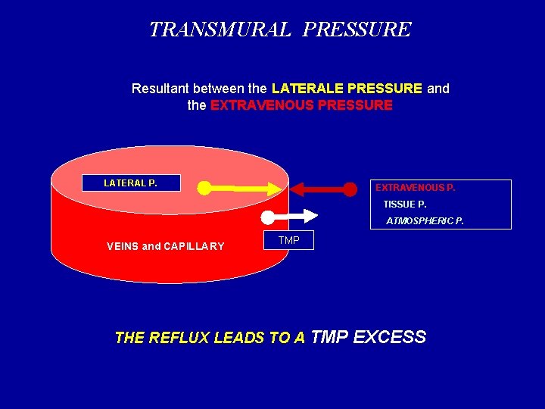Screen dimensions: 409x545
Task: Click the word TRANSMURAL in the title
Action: pyautogui.click(x=220, y=30)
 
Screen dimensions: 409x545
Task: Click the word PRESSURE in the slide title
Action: pyautogui.click(x=357, y=30)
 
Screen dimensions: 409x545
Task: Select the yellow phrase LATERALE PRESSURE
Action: pyautogui.click(x=347, y=89)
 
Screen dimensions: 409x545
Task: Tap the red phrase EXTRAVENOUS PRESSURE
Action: pyautogui.click(x=301, y=105)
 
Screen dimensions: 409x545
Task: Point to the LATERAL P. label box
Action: pyautogui.click(x=131, y=183)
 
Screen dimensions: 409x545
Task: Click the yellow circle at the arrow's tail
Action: pyautogui.click(x=204, y=188)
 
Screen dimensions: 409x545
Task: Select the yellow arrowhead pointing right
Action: pyautogui.click(x=272, y=188)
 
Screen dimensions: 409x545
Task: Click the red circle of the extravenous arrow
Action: pyautogui.click(x=349, y=189)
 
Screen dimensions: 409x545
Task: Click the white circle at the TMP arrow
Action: pyautogui.click(x=267, y=217)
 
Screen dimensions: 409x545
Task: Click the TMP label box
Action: pyautogui.click(x=288, y=241)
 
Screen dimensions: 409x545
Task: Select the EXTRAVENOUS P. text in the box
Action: pyautogui.click(x=415, y=188)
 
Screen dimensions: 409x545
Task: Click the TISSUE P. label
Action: pyautogui.click(x=405, y=204)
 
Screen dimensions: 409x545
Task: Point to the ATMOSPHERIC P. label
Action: pyautogui.click(x=425, y=221)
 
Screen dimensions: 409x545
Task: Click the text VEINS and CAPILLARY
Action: pyautogui.click(x=166, y=246)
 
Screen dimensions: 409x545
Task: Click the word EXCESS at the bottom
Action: pyautogui.click(x=389, y=337)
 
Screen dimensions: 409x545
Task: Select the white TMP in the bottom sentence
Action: pyautogui.click(x=329, y=337)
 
